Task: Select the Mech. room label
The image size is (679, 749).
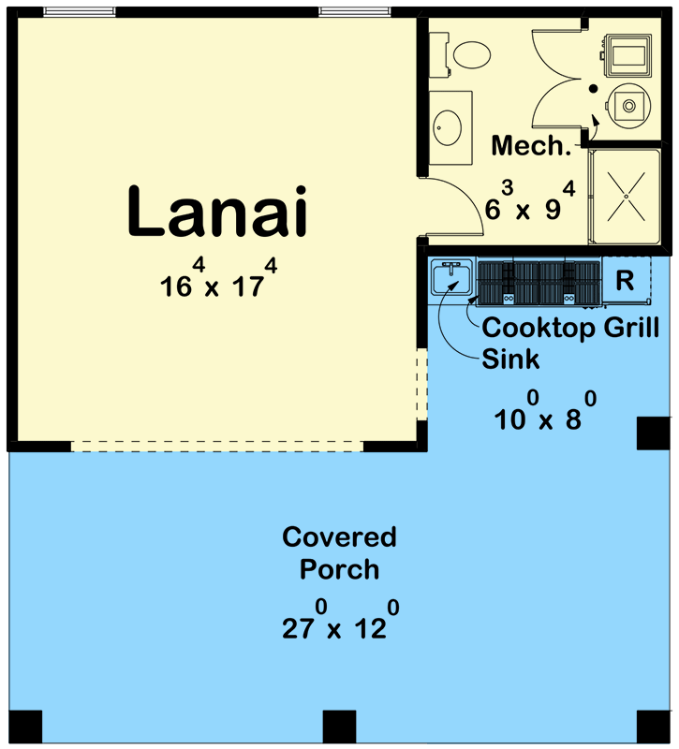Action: coord(531,146)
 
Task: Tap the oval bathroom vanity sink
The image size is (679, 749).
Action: coord(448,125)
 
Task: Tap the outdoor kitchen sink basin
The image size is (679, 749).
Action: coord(452,279)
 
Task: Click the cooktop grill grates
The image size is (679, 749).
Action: coord(538,280)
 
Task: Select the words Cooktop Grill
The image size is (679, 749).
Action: coord(570,328)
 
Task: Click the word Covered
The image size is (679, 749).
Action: coord(339,537)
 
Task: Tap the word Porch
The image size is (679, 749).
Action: coord(339,569)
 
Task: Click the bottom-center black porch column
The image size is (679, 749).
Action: coord(339,727)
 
